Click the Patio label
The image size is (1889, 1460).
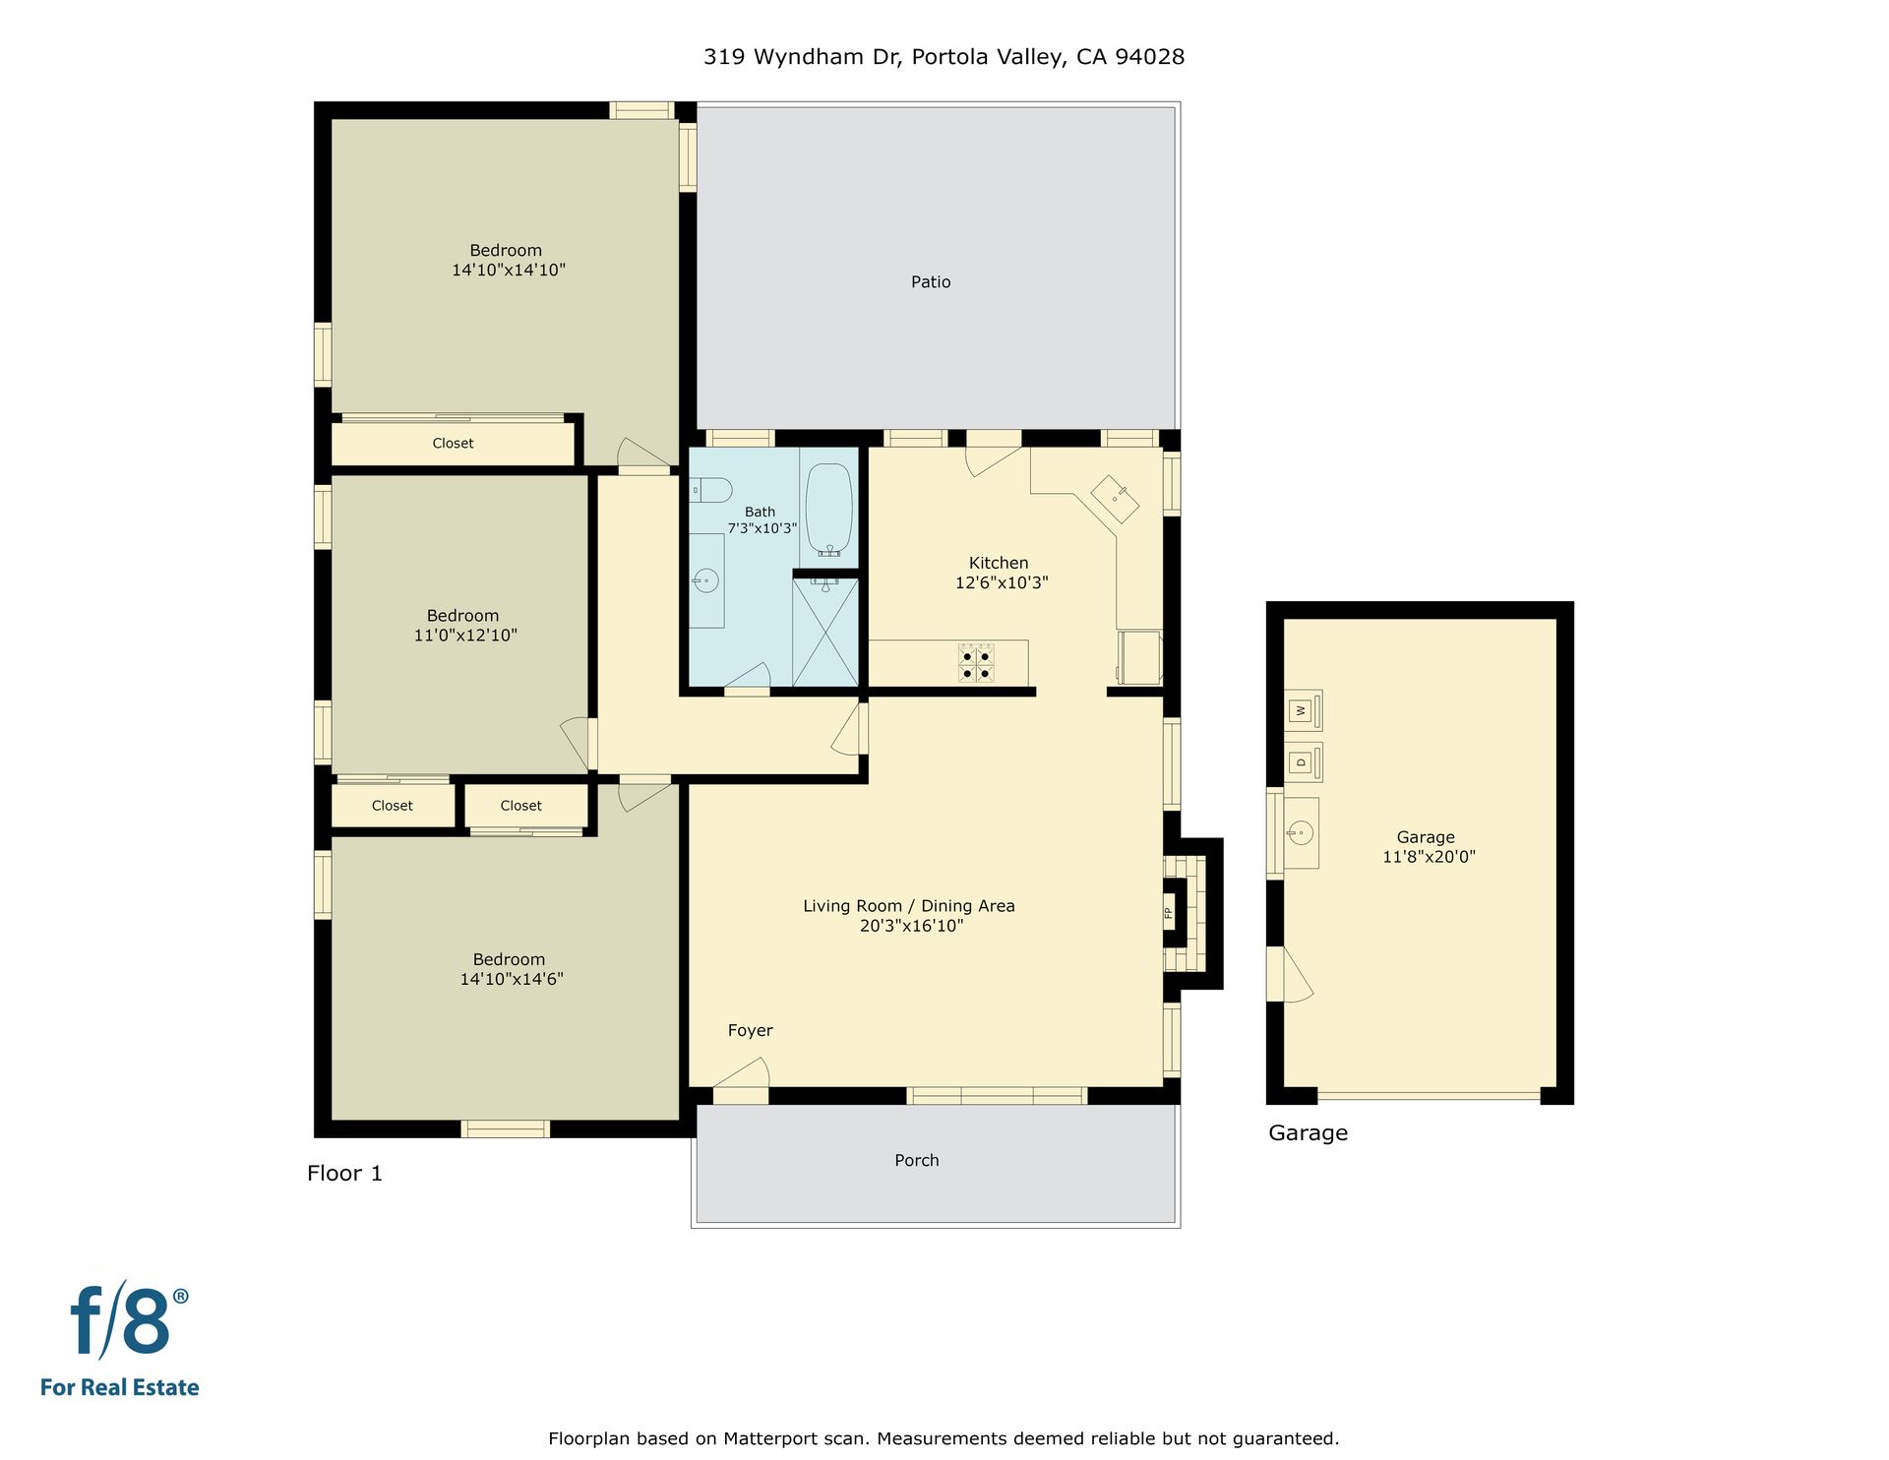(x=931, y=282)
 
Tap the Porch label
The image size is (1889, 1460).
(x=917, y=1161)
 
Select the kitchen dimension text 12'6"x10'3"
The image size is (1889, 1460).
(x=1002, y=582)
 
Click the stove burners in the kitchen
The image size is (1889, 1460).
(x=977, y=663)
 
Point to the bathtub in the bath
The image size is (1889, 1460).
(x=828, y=511)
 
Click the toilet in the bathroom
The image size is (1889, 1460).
(x=710, y=490)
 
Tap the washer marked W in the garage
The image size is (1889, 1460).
(x=1304, y=709)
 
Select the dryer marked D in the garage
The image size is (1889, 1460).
(x=1304, y=761)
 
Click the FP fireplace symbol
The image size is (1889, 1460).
(x=1169, y=913)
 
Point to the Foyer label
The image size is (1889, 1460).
(x=750, y=1030)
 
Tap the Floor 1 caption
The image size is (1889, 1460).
(x=344, y=1173)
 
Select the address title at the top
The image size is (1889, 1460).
(x=944, y=57)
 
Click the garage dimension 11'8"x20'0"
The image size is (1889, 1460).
(x=1429, y=857)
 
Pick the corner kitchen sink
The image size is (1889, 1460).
(x=1115, y=500)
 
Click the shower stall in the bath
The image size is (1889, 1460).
(x=825, y=632)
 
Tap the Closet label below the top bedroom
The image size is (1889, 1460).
(x=453, y=444)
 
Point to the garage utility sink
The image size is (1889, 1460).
(x=1301, y=833)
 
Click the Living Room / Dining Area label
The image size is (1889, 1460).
(x=908, y=906)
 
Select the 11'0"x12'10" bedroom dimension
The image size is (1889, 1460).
(x=465, y=636)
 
